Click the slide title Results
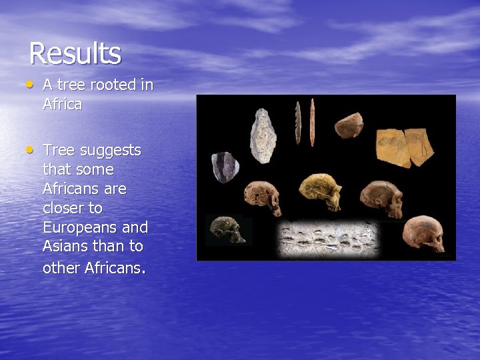pyautogui.click(x=75, y=54)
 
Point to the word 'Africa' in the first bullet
pyautogui.click(x=62, y=105)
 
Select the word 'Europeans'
pyautogui.click(x=95, y=227)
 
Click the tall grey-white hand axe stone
pyautogui.click(x=263, y=135)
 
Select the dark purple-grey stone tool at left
pyautogui.click(x=225, y=167)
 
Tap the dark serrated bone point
pyautogui.click(x=298, y=122)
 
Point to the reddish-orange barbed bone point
pyautogui.click(x=312, y=122)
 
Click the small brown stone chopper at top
pyautogui.click(x=348, y=125)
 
